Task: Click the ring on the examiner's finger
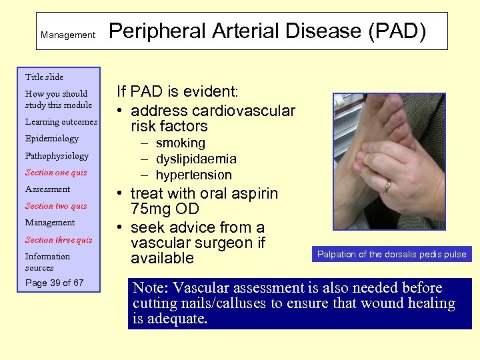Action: (386, 187)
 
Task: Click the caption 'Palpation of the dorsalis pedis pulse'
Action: (391, 254)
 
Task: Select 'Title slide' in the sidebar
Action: (44, 77)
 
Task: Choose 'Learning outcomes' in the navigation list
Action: (61, 122)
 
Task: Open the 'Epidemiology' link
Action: (51, 139)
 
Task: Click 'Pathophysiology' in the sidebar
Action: (57, 155)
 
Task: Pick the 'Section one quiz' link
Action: (56, 173)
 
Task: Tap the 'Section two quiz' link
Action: (56, 206)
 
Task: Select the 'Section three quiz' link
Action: (59, 240)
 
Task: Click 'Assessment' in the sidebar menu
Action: (47, 189)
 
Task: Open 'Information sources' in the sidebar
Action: (47, 262)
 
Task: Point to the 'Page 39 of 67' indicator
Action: (54, 283)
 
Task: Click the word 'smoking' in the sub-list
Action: (180, 143)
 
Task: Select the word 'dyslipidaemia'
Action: (196, 159)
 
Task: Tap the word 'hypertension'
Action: (193, 175)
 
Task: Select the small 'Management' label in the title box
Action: (67, 35)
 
